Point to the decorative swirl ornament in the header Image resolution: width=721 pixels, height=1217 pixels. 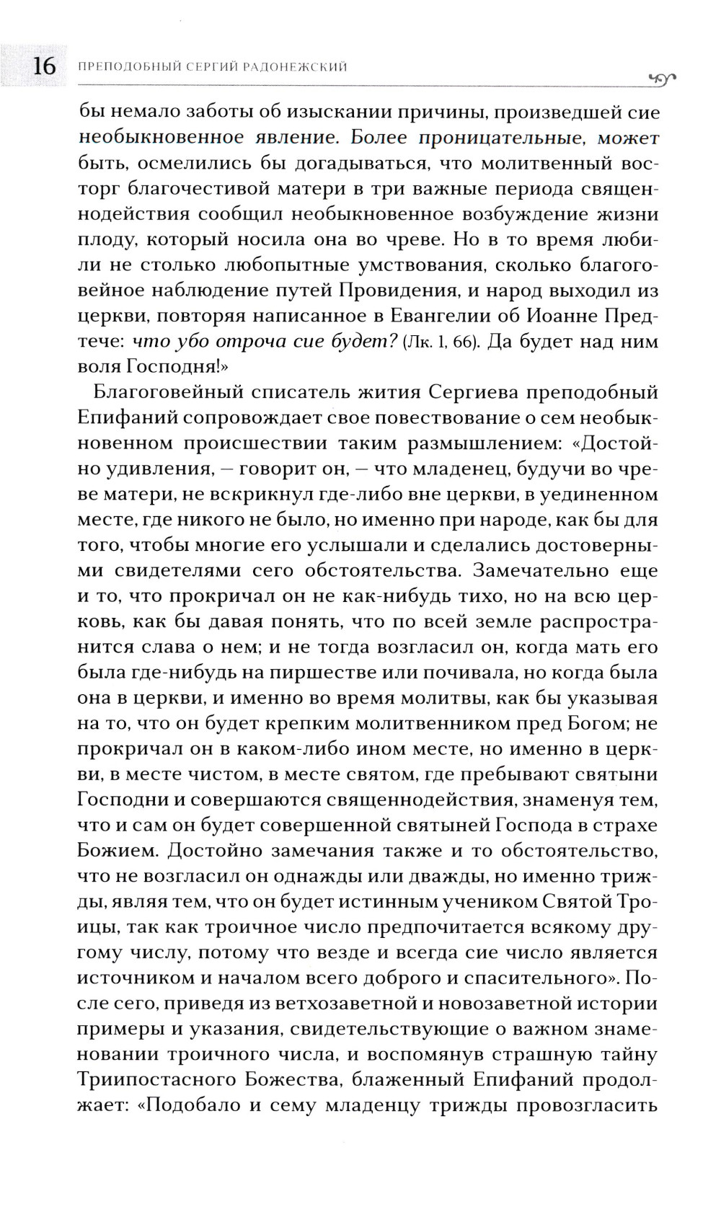(661, 78)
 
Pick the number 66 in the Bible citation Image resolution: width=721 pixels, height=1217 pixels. (464, 342)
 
